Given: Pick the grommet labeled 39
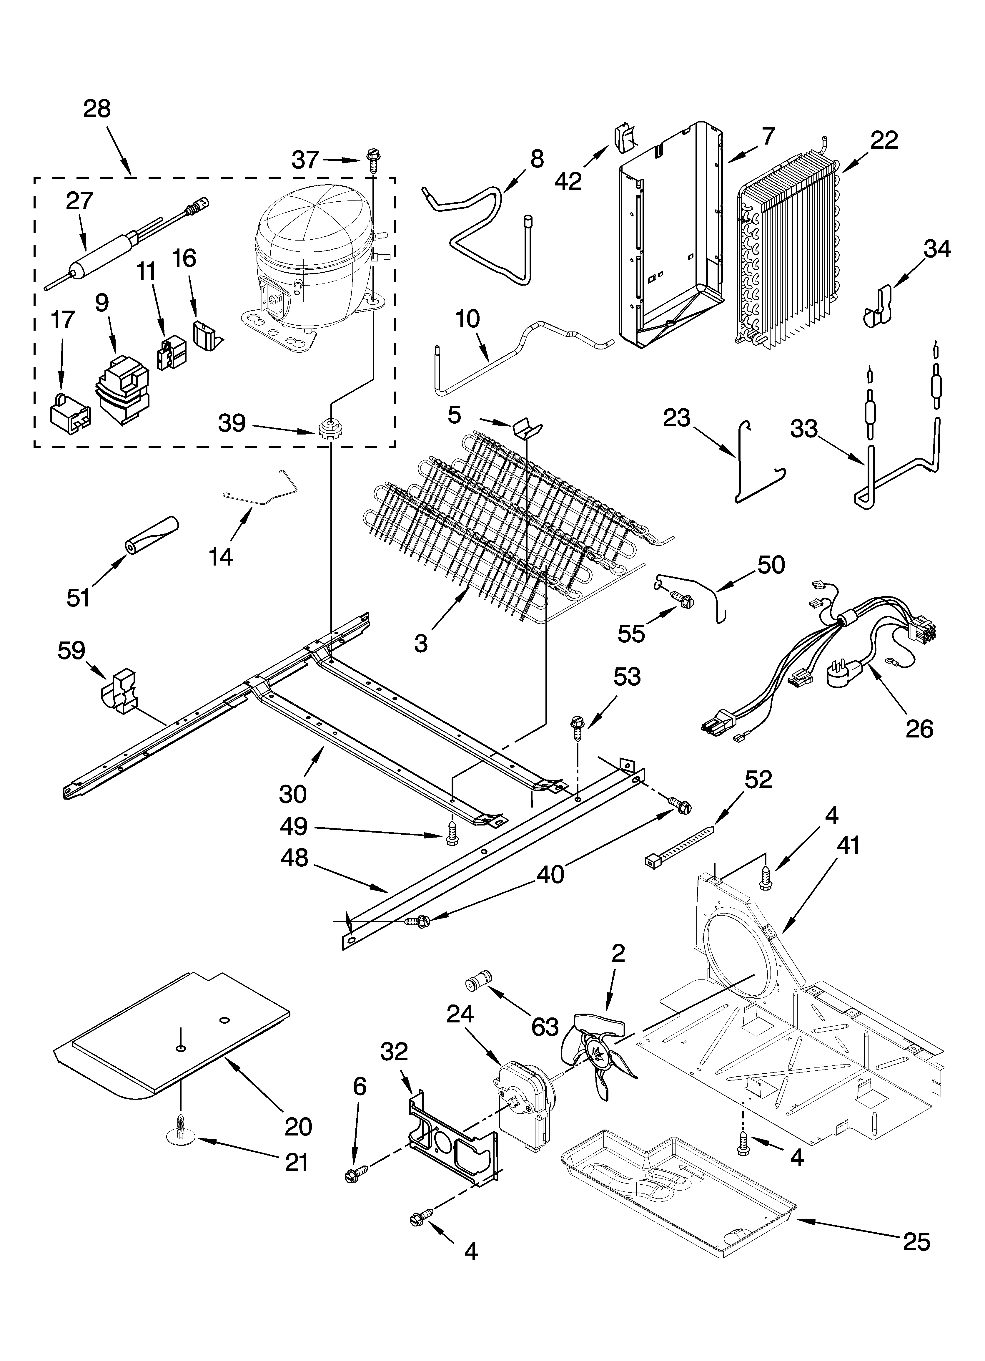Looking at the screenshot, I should [327, 430].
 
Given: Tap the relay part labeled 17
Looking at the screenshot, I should [69, 412].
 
